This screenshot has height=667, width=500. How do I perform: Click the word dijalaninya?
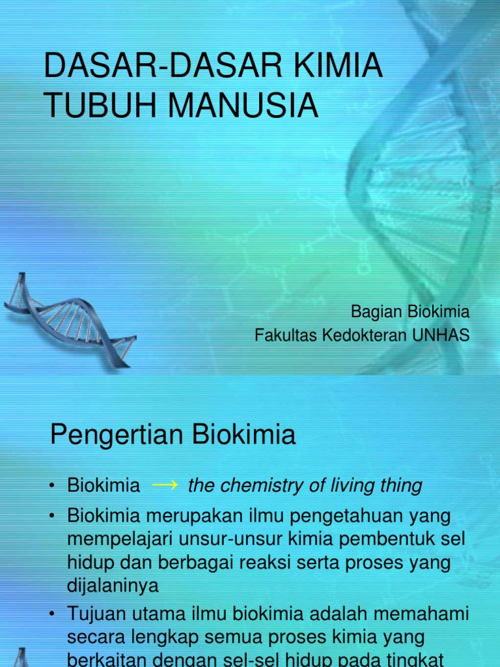[x=113, y=585]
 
